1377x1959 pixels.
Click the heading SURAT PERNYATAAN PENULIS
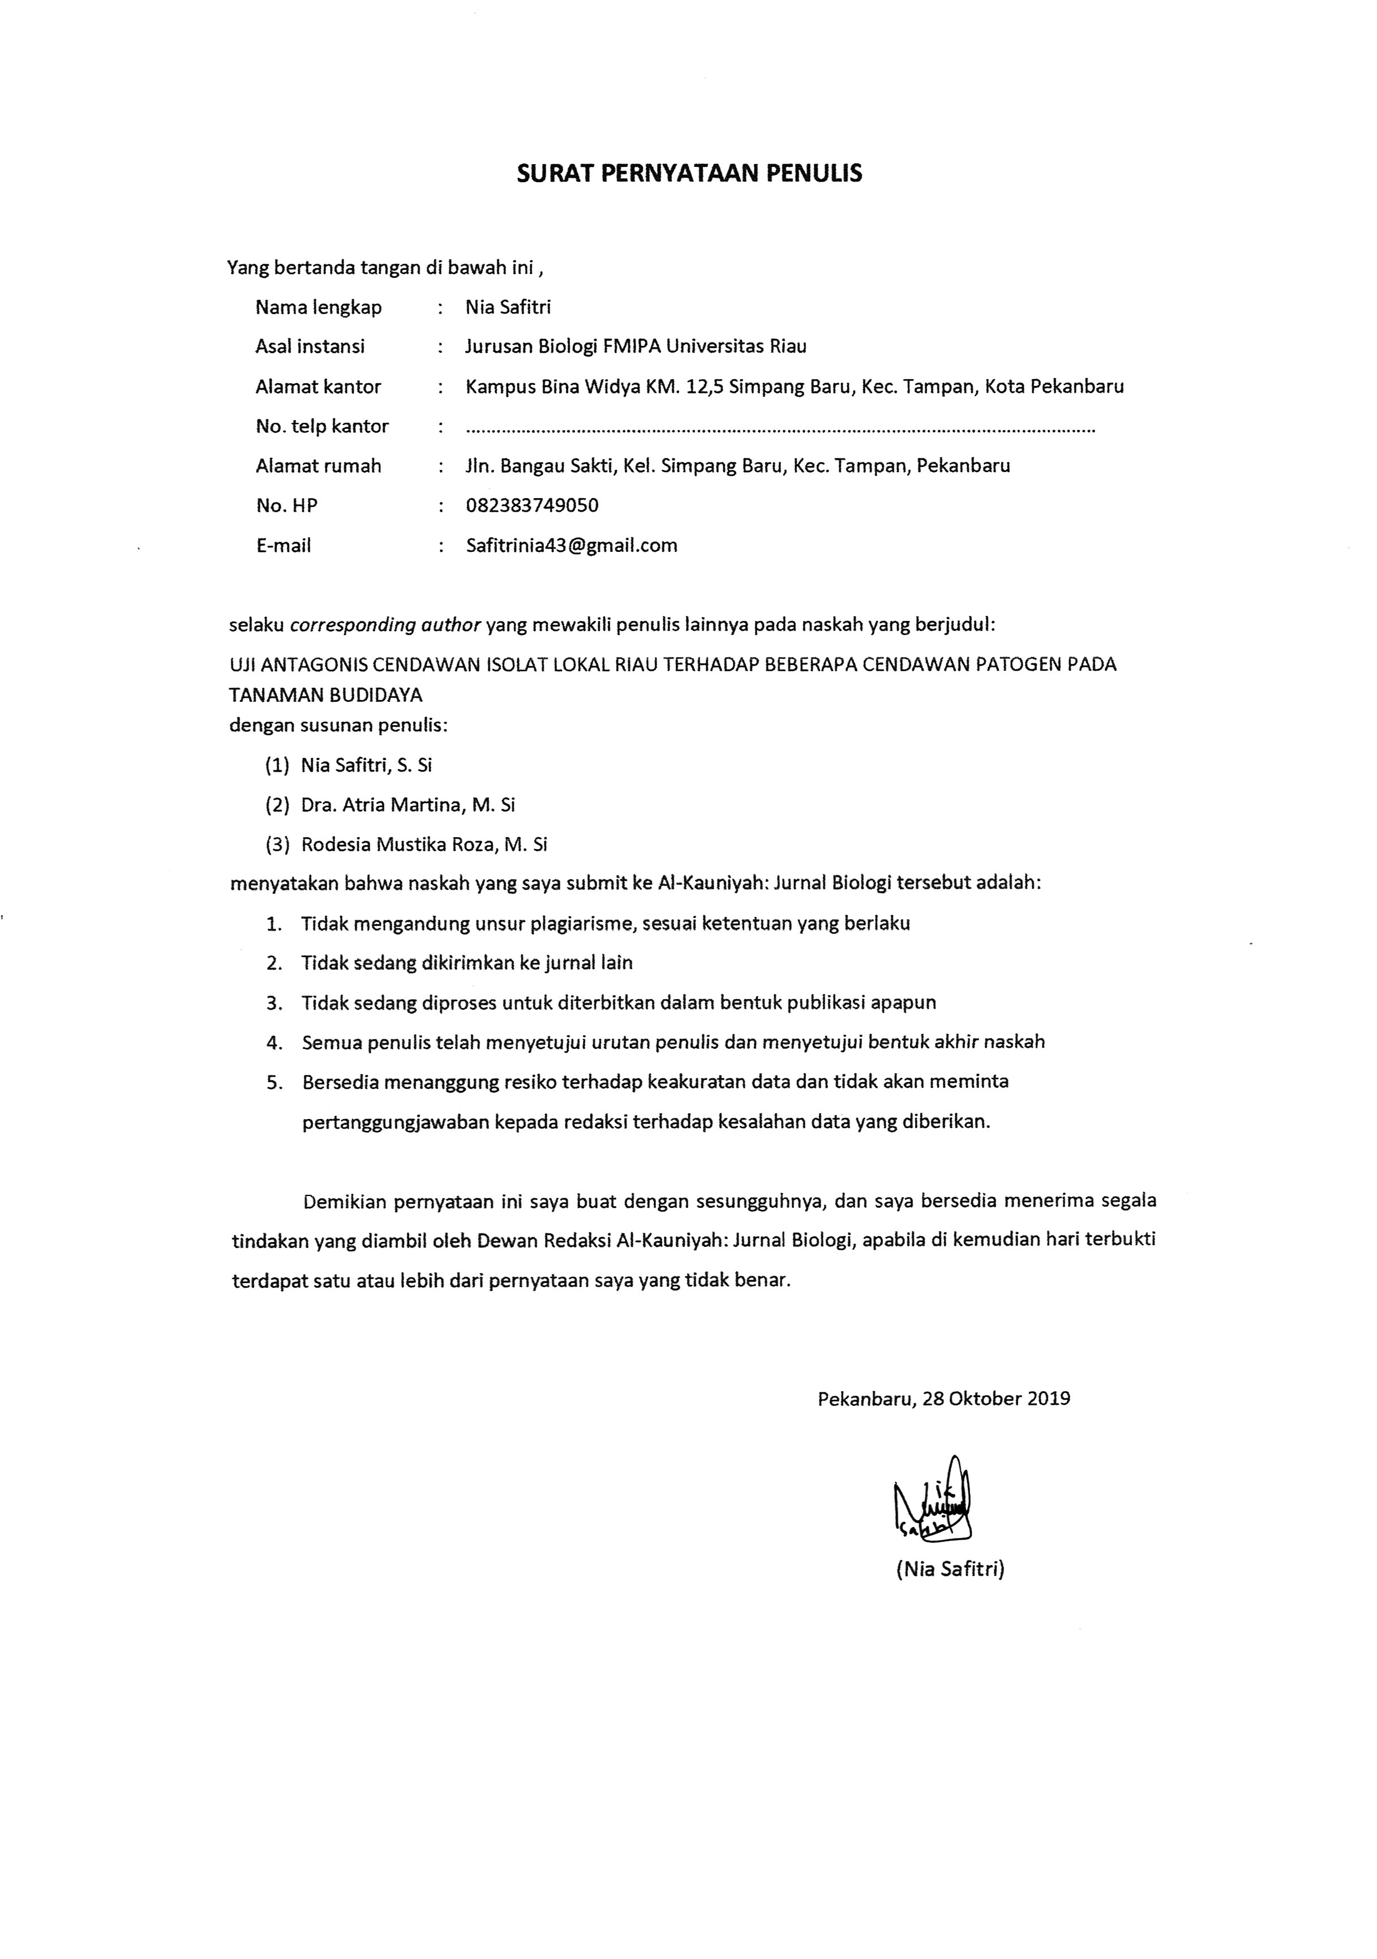coord(689,174)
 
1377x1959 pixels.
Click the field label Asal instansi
coord(310,346)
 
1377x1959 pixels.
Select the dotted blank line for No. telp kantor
coord(780,427)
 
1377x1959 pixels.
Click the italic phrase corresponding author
coord(385,624)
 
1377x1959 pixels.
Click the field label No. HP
coord(286,506)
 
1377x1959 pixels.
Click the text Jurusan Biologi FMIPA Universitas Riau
coord(636,346)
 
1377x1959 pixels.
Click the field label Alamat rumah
coord(318,466)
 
